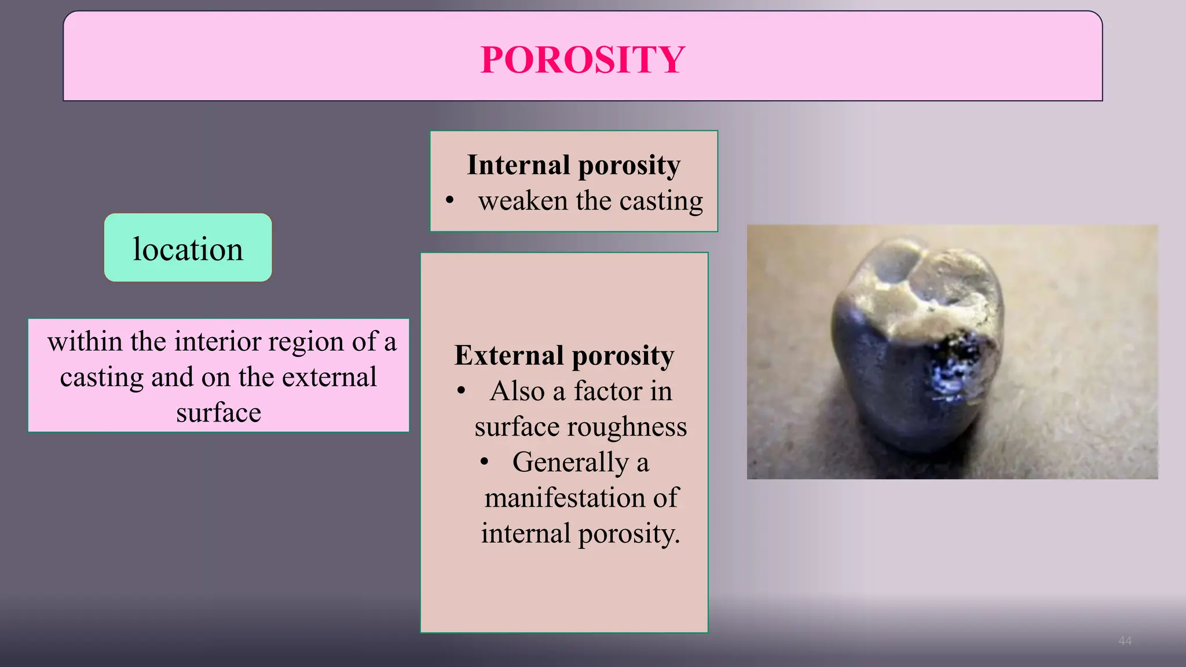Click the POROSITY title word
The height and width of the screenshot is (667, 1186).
583,60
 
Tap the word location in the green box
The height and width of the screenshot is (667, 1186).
188,249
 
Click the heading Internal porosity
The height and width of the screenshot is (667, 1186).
573,165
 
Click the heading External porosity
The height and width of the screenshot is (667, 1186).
564,355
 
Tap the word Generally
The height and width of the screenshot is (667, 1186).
570,463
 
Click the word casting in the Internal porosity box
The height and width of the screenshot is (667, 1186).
661,201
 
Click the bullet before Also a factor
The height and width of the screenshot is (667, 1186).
461,391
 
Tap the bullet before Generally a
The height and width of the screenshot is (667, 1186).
484,462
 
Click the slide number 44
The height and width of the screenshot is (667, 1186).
1125,640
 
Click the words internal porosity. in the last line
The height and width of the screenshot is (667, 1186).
580,534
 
